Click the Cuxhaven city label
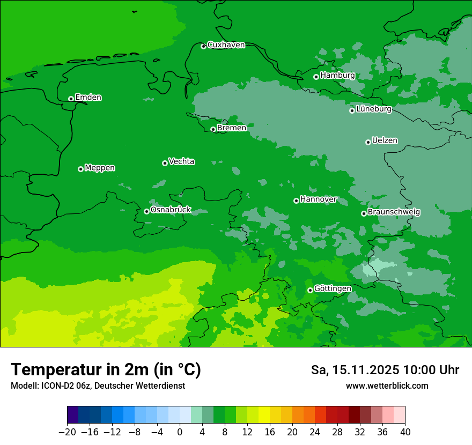tap(226, 45)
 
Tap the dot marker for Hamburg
tap(316, 77)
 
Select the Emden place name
tap(88, 98)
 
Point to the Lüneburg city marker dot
tap(352, 110)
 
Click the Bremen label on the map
tap(232, 128)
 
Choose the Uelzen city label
tap(385, 141)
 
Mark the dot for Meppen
tap(80, 169)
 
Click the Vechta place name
tap(181, 162)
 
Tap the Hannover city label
tap(318, 199)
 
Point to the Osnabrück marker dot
tap(146, 211)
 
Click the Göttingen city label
tap(333, 289)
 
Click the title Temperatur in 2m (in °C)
tap(106, 370)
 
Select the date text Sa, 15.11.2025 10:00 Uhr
tap(385, 370)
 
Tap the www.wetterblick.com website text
tap(387, 386)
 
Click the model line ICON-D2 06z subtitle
tap(98, 386)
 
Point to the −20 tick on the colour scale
tap(67, 432)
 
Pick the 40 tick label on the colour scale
tap(405, 432)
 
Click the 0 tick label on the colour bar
tap(180, 432)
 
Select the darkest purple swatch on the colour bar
tap(72, 415)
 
